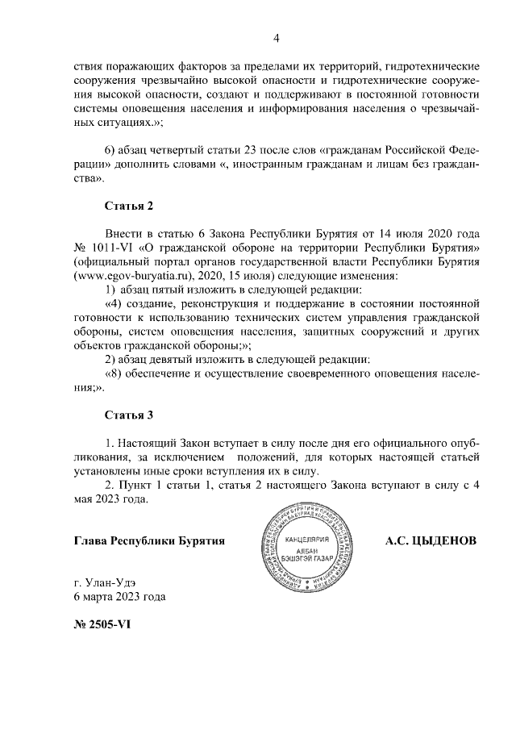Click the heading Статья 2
click(129, 206)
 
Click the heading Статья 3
click(129, 416)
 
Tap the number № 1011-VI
click(103, 245)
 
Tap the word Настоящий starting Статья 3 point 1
click(150, 444)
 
